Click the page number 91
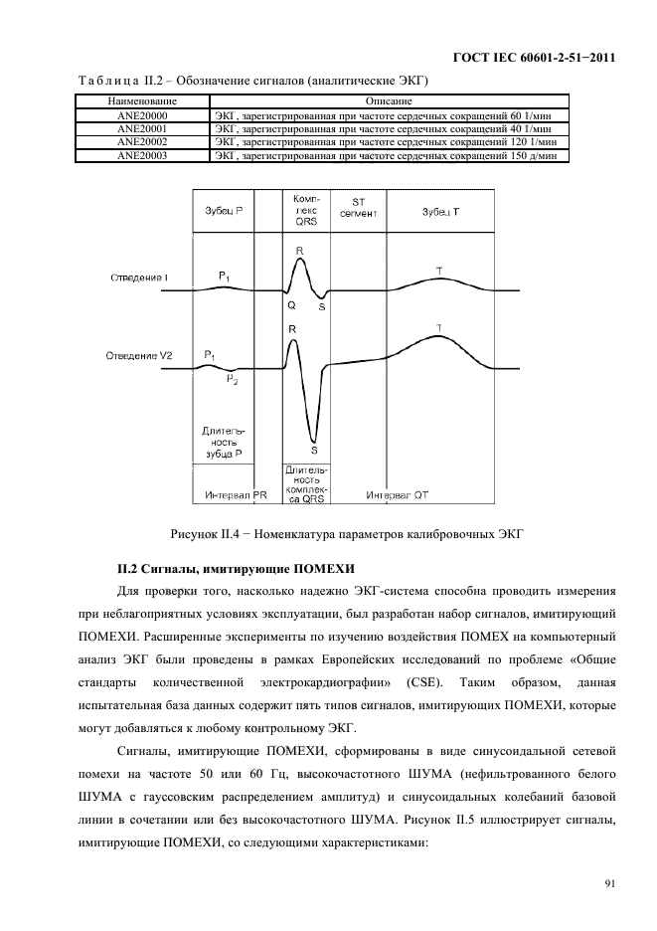[x=608, y=882]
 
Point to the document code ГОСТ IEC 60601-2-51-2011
[x=531, y=59]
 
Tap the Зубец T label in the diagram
[x=440, y=212]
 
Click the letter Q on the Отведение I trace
[x=291, y=306]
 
